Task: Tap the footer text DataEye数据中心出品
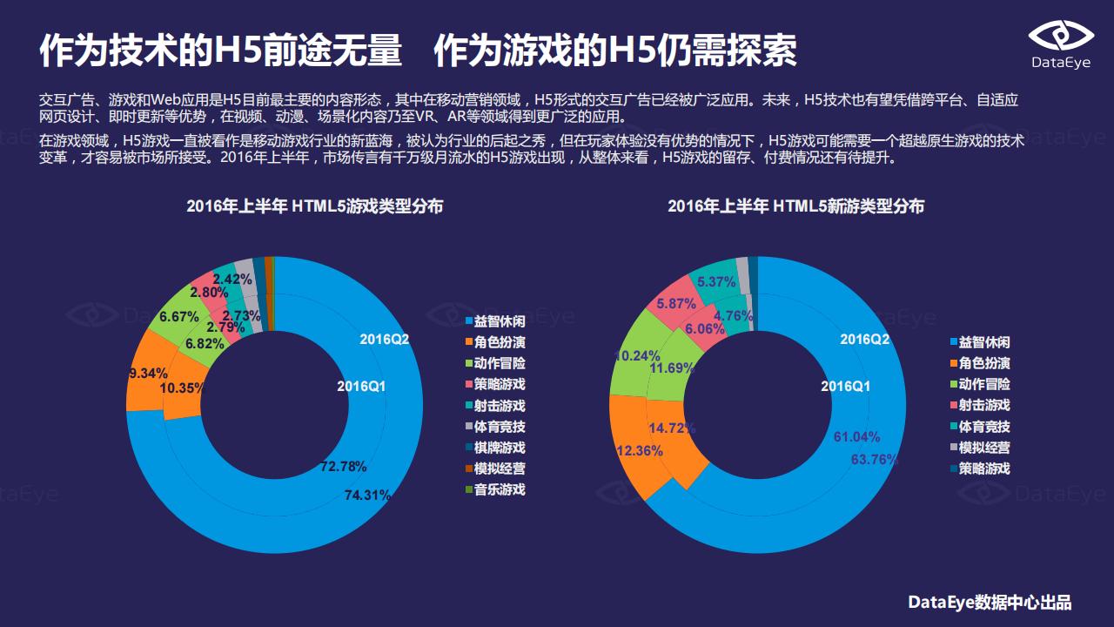(x=990, y=603)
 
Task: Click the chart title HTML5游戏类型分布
(x=314, y=206)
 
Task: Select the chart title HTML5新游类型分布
(x=795, y=206)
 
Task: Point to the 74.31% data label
(x=366, y=495)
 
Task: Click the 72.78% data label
(x=343, y=467)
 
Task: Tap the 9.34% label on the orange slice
(x=148, y=373)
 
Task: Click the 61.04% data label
(x=856, y=436)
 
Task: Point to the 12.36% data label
(x=640, y=451)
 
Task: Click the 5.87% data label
(x=676, y=304)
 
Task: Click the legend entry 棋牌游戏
(x=500, y=448)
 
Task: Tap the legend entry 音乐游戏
(x=500, y=489)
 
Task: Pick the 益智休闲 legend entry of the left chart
(x=500, y=321)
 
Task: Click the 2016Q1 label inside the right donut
(x=845, y=386)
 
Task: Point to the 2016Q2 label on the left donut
(x=384, y=339)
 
